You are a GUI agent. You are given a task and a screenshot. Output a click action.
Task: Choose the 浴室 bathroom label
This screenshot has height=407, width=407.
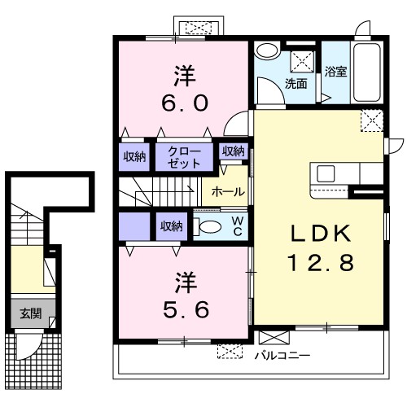(336, 71)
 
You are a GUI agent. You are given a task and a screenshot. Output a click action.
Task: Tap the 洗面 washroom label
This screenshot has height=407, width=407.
(295, 84)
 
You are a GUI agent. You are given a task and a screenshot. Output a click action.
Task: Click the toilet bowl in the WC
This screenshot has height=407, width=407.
(211, 226)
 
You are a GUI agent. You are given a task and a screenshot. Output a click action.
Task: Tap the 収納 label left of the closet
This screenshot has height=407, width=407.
(134, 156)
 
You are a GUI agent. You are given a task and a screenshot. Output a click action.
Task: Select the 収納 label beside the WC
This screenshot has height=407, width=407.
(171, 225)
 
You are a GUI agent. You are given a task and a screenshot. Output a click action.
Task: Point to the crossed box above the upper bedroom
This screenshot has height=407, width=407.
(197, 27)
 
